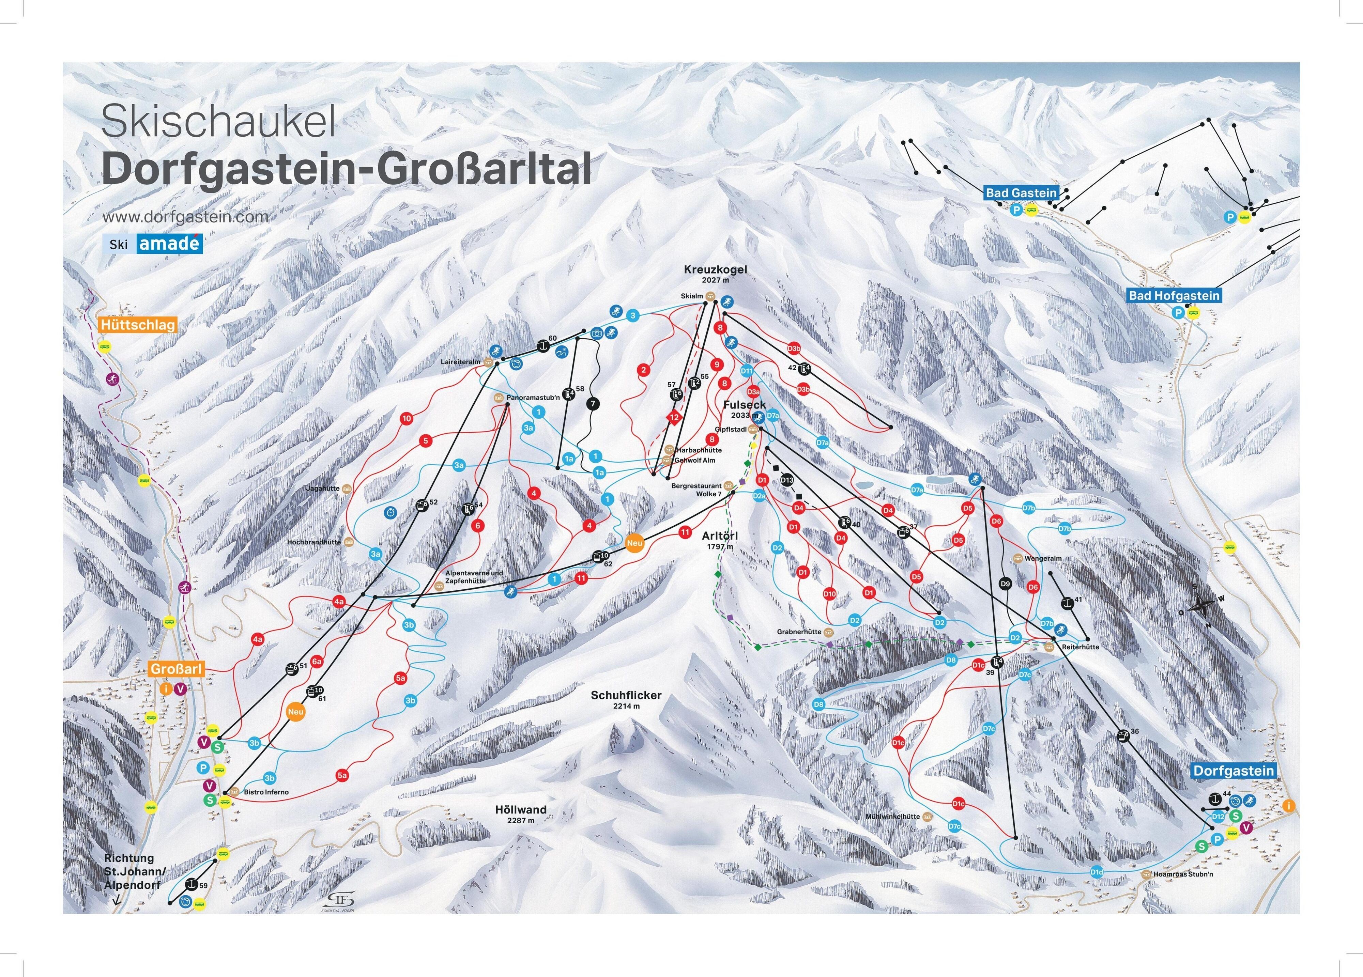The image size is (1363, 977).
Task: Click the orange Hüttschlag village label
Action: point(138,325)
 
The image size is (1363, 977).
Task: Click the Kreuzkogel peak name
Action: point(715,270)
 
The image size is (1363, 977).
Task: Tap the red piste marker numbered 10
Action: point(407,419)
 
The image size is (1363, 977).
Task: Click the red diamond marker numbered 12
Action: point(674,417)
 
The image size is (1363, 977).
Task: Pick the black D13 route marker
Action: point(787,480)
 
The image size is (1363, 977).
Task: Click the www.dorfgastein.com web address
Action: point(185,217)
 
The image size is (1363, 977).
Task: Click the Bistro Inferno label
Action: point(266,792)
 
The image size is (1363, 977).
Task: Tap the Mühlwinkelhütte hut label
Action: point(892,817)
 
